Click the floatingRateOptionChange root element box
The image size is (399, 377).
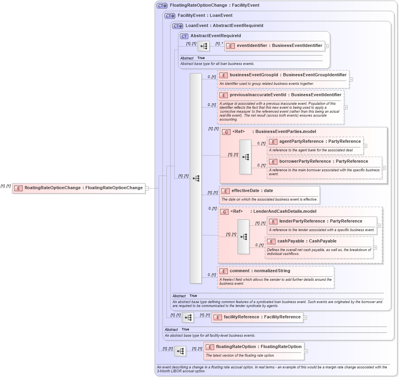tap(79, 188)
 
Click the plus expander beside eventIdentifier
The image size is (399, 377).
tap(327, 46)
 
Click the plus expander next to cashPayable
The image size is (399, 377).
tap(375, 247)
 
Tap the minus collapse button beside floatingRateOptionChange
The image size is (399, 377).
tap(147, 188)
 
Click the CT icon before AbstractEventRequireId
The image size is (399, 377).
tap(184, 36)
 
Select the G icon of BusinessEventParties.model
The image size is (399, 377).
tap(226, 132)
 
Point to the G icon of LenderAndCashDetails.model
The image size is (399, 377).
tap(224, 212)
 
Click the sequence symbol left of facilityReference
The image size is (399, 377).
tap(188, 318)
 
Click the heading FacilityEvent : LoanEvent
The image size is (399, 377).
tap(205, 16)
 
